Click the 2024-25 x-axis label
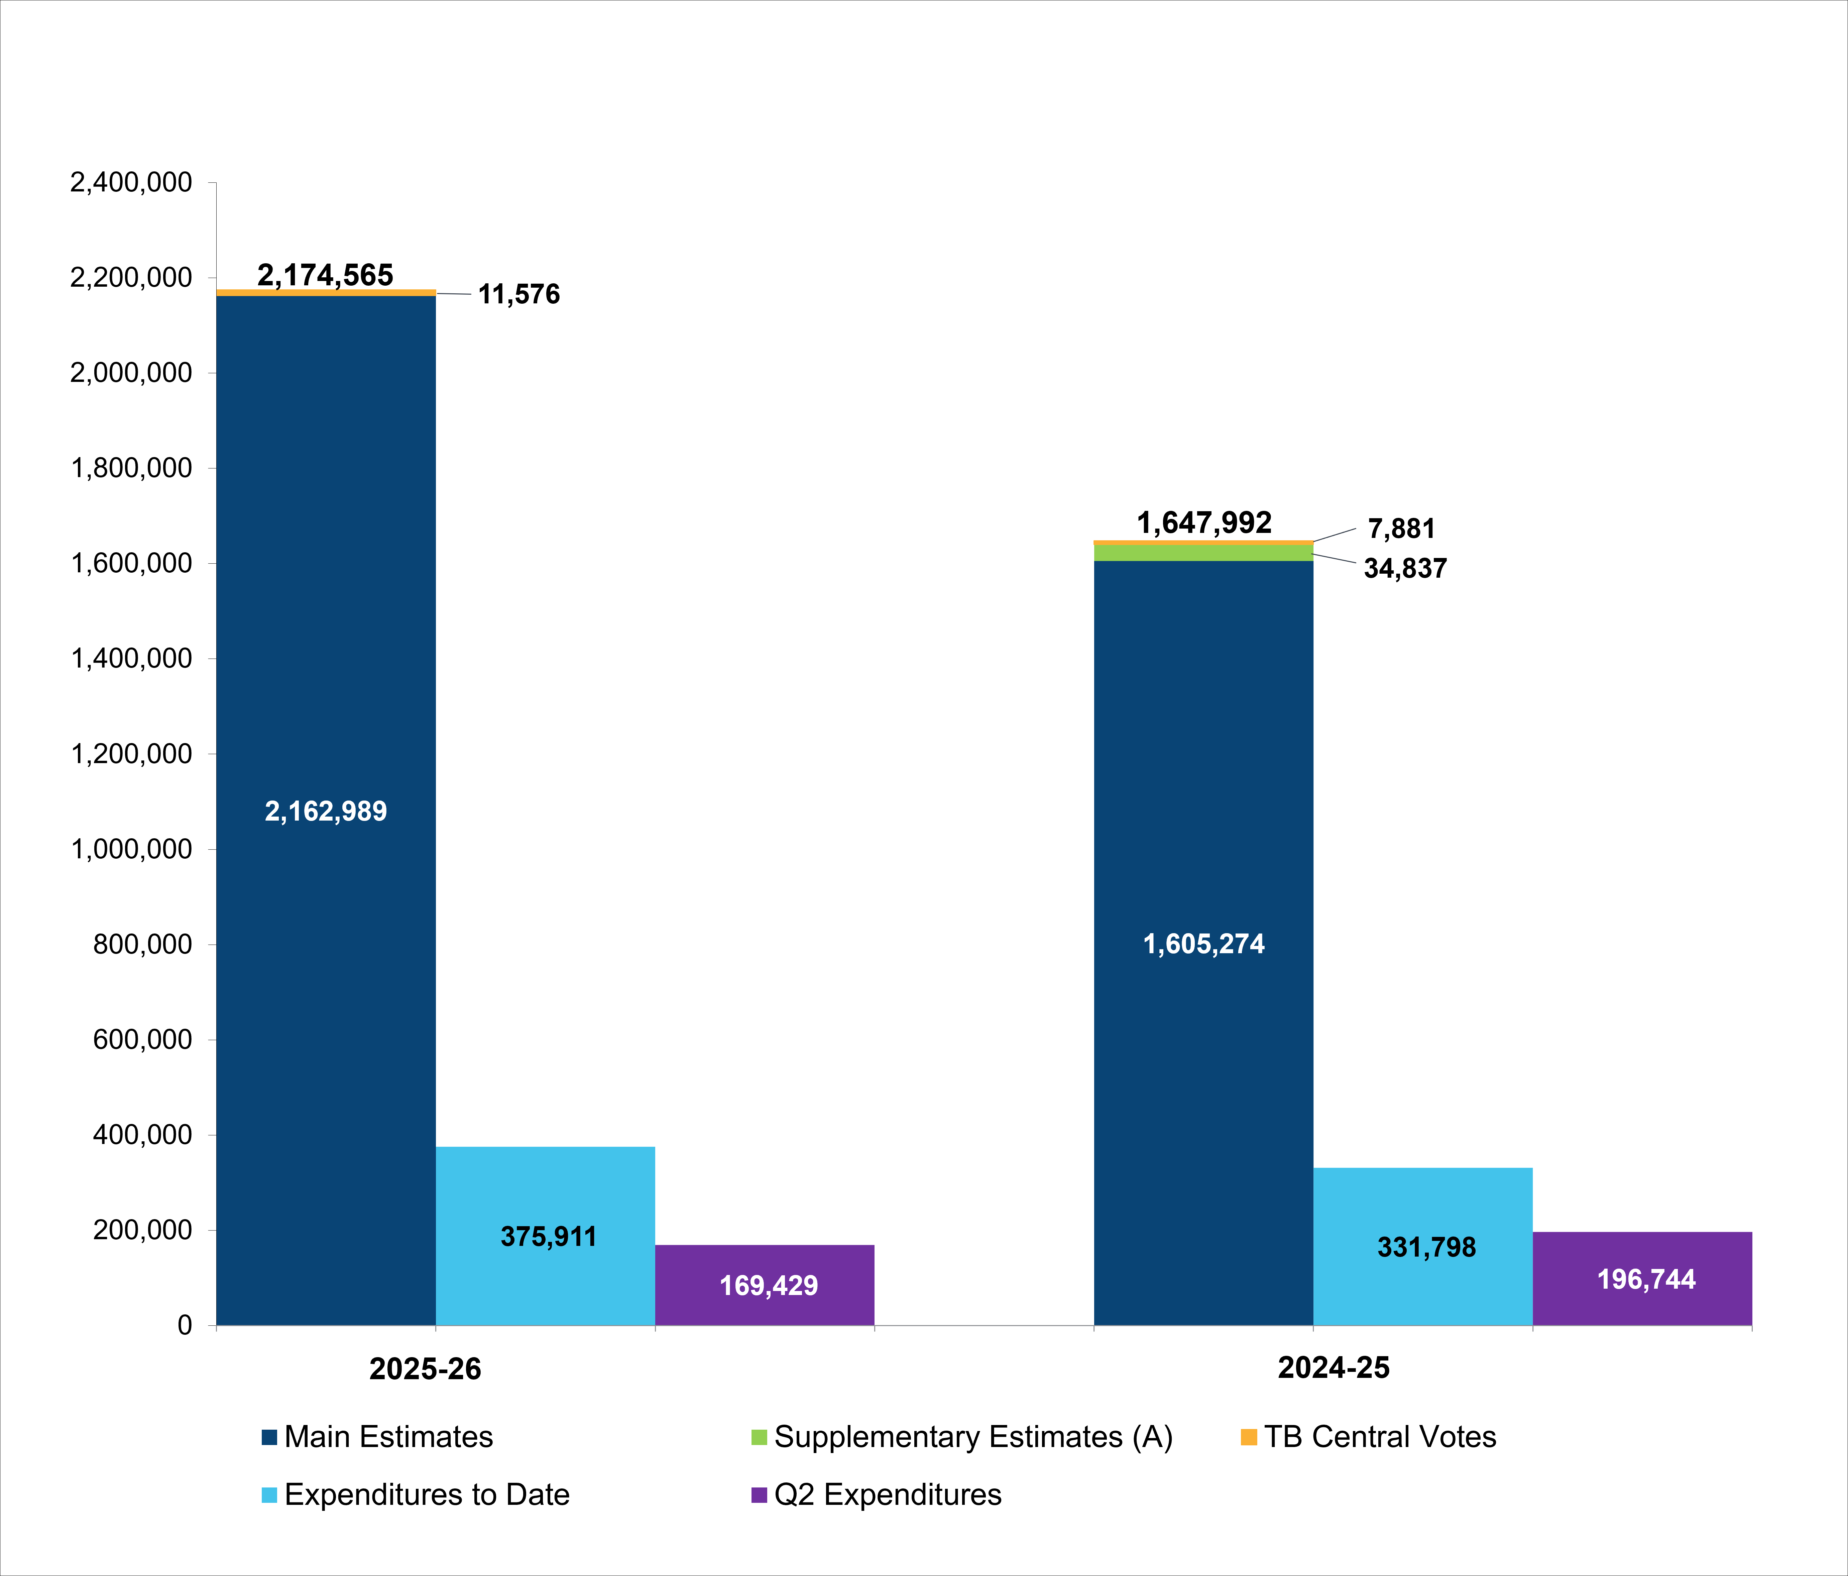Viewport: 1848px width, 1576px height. pyautogui.click(x=1334, y=1368)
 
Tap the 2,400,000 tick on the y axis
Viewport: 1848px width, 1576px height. pyautogui.click(x=131, y=183)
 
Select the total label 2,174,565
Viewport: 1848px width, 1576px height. pyautogui.click(x=326, y=275)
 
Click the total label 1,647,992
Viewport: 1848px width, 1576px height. pyautogui.click(x=1204, y=523)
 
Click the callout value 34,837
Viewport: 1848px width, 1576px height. pyautogui.click(x=1405, y=569)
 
